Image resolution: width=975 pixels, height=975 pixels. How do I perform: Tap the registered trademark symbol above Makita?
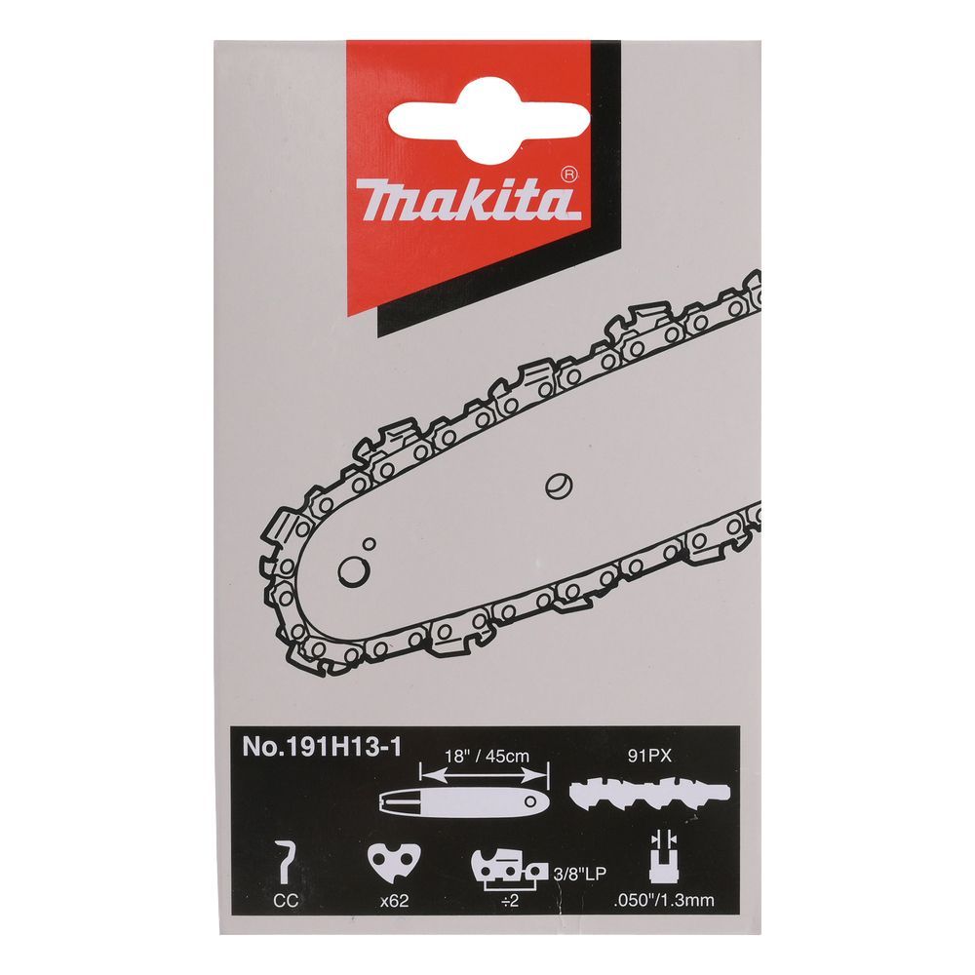point(569,175)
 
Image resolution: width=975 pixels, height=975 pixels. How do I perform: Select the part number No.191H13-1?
point(322,747)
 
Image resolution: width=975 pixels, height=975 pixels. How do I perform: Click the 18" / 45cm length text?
point(487,757)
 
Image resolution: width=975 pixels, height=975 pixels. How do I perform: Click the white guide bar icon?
point(463,801)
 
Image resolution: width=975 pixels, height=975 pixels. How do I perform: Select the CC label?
point(286,900)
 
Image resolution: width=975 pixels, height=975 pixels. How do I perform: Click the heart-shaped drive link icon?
point(394,861)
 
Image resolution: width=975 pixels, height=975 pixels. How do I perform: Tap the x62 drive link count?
point(394,900)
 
